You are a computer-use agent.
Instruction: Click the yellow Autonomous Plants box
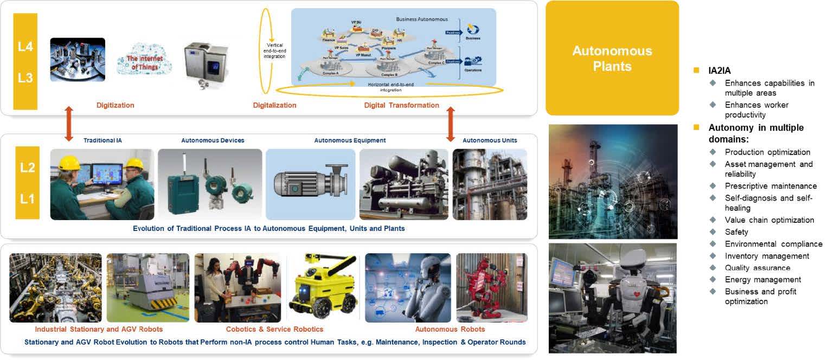tap(612, 58)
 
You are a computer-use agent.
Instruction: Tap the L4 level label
tap(25, 47)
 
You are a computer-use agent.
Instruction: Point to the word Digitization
tap(115, 105)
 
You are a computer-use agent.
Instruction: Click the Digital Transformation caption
tap(401, 105)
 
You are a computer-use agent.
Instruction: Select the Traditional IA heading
tap(102, 140)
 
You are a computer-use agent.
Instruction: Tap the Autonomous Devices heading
tap(213, 140)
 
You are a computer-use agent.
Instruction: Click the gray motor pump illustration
tap(310, 183)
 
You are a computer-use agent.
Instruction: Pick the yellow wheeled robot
tap(322, 287)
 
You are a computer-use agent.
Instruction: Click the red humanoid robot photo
tap(491, 287)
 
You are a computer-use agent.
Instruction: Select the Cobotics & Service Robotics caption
tap(274, 329)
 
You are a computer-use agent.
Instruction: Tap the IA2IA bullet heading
tap(719, 70)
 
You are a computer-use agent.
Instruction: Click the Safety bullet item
tap(736, 232)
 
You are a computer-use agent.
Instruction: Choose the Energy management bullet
tap(762, 280)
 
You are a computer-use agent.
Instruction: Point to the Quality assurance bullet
tap(757, 268)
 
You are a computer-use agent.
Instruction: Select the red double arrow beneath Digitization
tap(68, 124)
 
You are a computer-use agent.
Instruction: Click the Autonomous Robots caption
tap(450, 329)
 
